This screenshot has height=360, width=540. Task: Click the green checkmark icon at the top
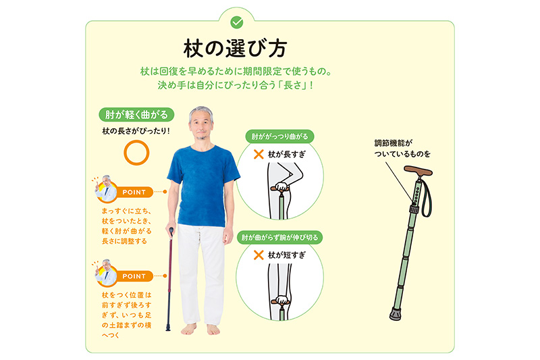point(237,23)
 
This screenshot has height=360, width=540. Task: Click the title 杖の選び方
point(236,49)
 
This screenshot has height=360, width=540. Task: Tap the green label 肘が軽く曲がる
point(136,115)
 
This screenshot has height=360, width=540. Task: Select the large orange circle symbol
point(136,153)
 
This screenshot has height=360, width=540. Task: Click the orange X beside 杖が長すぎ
point(259,154)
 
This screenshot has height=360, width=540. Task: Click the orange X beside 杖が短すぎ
point(259,255)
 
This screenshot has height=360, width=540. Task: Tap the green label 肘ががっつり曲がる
point(279,136)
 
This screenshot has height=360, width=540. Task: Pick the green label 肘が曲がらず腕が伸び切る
point(279,237)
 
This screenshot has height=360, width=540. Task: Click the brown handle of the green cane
point(418,171)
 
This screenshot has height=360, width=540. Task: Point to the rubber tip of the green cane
point(396,313)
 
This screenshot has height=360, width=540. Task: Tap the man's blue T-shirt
point(203,186)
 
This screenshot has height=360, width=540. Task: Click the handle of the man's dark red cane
point(171,232)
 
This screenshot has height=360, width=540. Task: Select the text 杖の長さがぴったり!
point(136,131)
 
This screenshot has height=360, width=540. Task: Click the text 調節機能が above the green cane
point(394,143)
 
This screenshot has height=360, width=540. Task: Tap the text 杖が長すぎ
point(286,155)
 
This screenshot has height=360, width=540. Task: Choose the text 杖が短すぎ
point(286,255)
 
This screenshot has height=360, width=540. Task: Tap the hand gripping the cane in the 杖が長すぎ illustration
point(282,187)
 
